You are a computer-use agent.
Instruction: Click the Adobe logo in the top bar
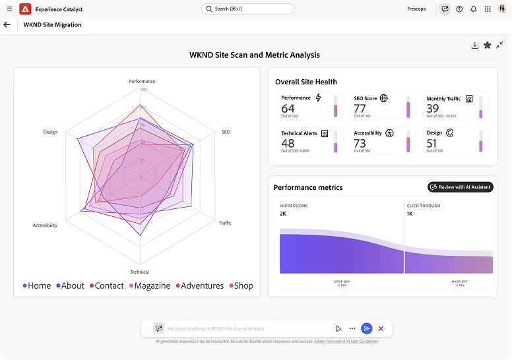[25, 9]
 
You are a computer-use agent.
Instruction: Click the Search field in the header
[247, 9]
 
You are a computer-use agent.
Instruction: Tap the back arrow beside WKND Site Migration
[7, 25]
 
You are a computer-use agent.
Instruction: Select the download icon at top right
[474, 45]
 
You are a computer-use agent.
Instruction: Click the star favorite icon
[487, 45]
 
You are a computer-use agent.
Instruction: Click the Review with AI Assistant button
[460, 187]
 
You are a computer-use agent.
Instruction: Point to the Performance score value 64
[288, 109]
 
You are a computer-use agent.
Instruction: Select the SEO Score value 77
[360, 109]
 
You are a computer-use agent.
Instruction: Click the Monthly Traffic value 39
[432, 109]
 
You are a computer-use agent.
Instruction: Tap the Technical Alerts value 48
[288, 144]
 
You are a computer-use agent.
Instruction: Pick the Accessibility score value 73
[360, 144]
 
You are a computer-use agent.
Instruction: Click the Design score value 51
[432, 144]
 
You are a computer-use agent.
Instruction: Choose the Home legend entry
[37, 285]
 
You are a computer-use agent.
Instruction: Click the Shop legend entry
[241, 285]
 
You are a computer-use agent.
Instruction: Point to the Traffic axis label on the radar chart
[225, 223]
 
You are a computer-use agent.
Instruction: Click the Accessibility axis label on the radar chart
[45, 225]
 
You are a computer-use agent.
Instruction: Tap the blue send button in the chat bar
[367, 328]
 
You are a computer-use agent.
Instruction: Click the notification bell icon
[473, 9]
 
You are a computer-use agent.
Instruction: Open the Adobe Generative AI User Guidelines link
[346, 342]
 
